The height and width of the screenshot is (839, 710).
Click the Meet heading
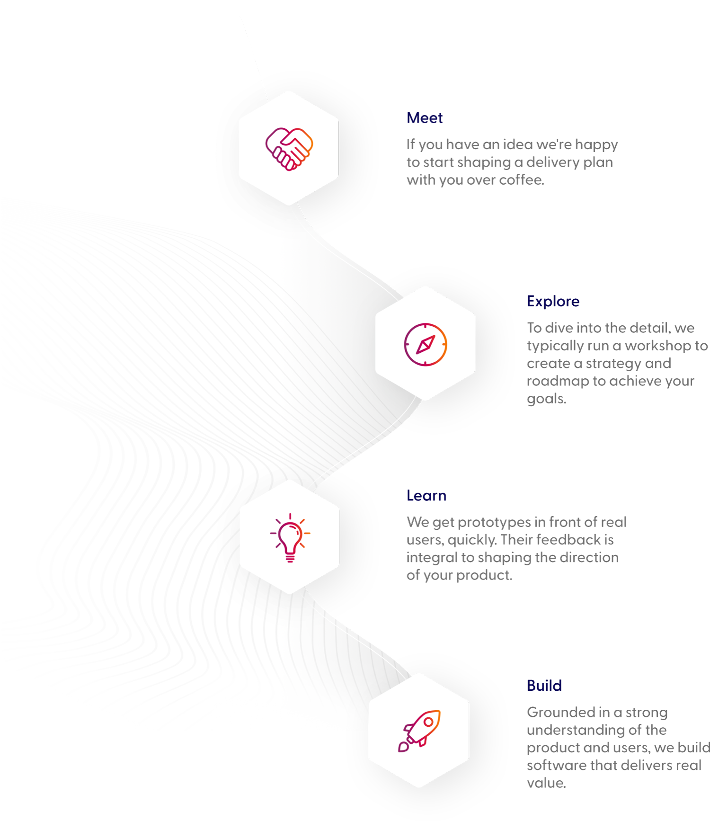click(425, 118)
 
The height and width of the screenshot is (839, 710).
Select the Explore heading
click(553, 301)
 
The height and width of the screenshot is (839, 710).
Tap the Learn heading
click(426, 496)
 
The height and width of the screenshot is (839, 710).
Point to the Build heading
click(544, 685)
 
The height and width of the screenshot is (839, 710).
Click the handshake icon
click(289, 148)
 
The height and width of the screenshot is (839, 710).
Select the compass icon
click(425, 344)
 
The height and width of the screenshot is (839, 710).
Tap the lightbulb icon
click(290, 537)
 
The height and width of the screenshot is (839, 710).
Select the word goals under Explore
click(546, 399)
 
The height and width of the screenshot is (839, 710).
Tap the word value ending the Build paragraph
click(545, 783)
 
